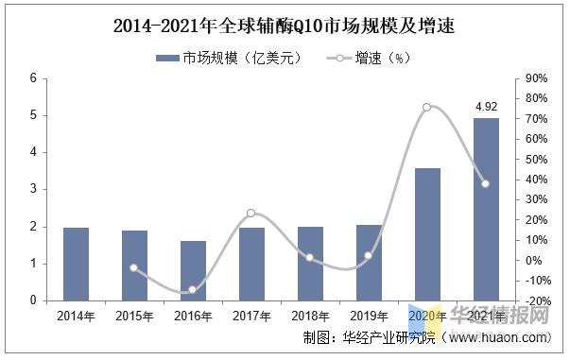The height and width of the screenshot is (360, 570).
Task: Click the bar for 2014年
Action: click(x=76, y=264)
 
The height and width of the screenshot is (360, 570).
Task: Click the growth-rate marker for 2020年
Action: click(x=426, y=107)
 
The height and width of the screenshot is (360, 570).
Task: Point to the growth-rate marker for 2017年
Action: click(x=251, y=213)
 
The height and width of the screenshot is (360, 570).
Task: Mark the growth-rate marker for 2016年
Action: click(x=193, y=289)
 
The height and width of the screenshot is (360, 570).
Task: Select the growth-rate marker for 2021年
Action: click(x=486, y=183)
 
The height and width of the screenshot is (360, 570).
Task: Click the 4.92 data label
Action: click(x=486, y=107)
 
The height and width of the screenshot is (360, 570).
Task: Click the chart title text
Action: click(x=283, y=26)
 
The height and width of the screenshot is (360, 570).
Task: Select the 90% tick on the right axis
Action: click(x=536, y=78)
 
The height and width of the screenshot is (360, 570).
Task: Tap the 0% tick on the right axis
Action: click(x=536, y=260)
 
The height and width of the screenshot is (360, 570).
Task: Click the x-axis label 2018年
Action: click(x=310, y=315)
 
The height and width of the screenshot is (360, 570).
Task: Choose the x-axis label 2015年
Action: click(x=134, y=315)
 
